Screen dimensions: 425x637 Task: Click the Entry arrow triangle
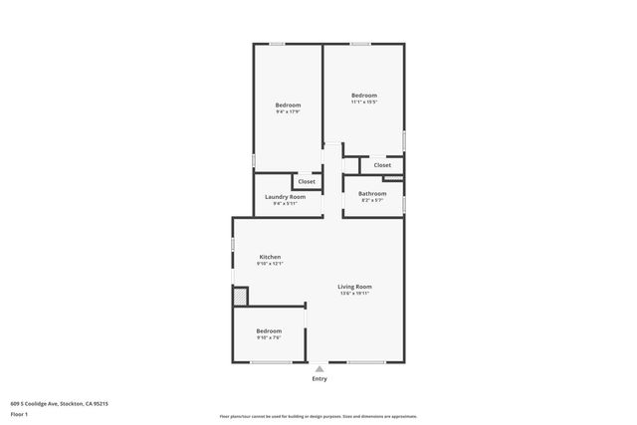(318, 368)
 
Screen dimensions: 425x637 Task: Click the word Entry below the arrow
(318, 378)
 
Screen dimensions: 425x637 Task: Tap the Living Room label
(354, 287)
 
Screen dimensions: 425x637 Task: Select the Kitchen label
(270, 257)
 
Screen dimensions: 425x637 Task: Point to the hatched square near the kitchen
(239, 297)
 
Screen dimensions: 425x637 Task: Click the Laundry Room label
(285, 196)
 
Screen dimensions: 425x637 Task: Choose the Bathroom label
(372, 193)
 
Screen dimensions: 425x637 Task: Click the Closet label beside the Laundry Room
(307, 181)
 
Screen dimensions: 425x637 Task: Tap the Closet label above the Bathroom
(382, 165)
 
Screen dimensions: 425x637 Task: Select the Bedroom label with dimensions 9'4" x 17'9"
(288, 105)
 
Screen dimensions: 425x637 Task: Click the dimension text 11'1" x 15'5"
(364, 102)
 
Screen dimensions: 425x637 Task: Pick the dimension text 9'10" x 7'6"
(269, 337)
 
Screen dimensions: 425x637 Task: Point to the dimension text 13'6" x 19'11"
(354, 294)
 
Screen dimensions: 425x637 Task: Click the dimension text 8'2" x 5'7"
(372, 200)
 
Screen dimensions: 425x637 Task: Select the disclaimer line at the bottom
(318, 416)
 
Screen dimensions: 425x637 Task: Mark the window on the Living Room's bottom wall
(365, 361)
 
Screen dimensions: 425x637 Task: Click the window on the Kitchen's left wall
(233, 244)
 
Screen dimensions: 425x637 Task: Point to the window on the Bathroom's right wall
(404, 202)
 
